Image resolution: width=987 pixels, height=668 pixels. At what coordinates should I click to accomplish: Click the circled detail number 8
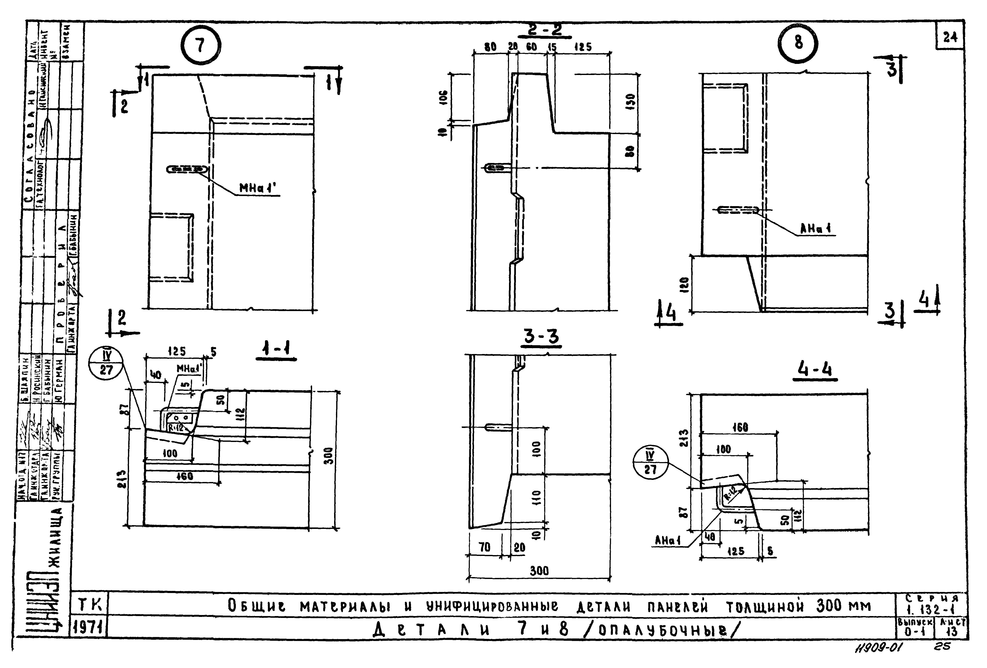[798, 43]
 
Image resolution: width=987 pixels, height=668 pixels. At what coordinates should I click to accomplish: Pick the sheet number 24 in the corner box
[950, 38]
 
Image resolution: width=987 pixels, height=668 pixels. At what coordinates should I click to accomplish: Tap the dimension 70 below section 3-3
[484, 547]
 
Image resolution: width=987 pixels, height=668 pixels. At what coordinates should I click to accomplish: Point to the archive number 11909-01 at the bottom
[879, 648]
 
